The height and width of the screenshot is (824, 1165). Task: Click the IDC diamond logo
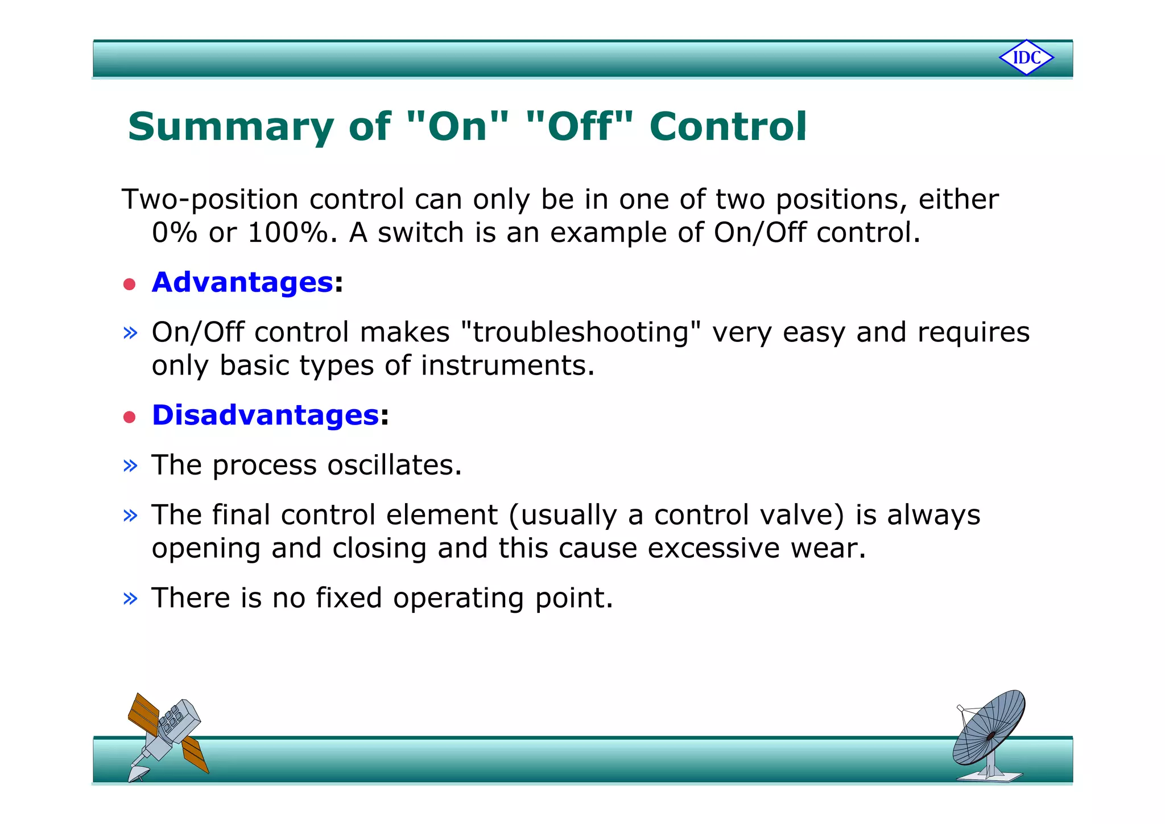click(1026, 57)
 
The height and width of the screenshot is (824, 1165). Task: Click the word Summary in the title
click(230, 127)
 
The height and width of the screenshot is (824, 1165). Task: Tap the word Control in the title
click(728, 126)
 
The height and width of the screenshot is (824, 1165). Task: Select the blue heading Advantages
click(242, 282)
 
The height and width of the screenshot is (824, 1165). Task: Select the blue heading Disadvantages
click(265, 415)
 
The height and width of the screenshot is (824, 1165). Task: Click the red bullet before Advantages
click(130, 284)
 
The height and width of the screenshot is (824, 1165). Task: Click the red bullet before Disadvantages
click(130, 417)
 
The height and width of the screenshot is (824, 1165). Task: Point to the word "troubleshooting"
click(580, 332)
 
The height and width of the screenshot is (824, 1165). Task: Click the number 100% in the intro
click(288, 233)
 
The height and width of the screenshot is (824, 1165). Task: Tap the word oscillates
click(394, 465)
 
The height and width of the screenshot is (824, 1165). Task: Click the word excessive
click(713, 549)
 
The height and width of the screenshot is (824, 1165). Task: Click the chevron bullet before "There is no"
click(130, 598)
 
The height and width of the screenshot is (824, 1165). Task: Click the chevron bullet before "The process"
click(130, 465)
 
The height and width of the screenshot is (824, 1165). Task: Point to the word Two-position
click(210, 200)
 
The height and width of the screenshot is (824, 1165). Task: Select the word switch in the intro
click(420, 233)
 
